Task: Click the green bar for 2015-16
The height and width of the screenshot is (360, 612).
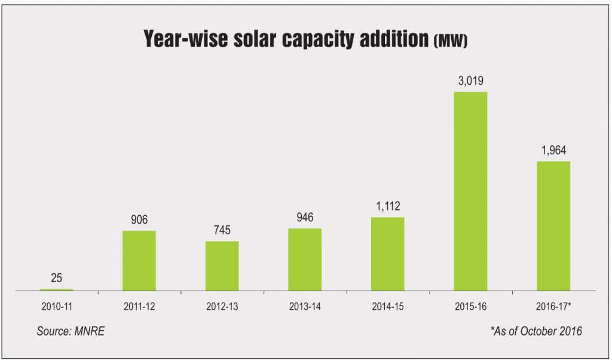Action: pos(470,191)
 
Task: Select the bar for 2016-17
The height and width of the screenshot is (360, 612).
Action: pos(553,226)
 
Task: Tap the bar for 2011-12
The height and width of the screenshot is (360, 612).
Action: pos(139,261)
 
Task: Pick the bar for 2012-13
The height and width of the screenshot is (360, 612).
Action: pos(222,266)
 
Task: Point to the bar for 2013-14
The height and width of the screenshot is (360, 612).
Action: pos(304,260)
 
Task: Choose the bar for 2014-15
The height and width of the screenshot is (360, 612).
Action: pos(387,254)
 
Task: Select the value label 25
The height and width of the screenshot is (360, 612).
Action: pos(56,278)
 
